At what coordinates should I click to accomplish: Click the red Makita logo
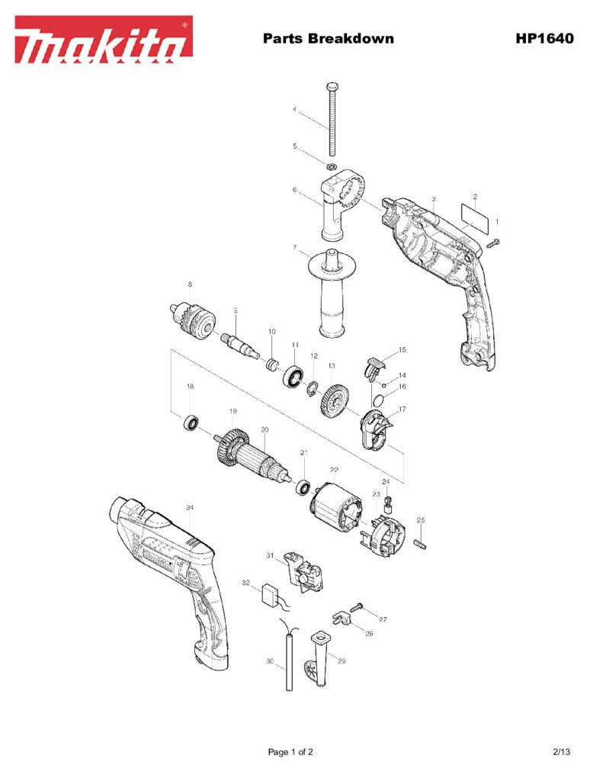103,40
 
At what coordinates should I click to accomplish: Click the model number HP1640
544,38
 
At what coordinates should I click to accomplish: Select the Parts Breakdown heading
328,38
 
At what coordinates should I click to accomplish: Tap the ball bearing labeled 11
293,376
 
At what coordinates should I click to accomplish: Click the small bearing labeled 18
191,421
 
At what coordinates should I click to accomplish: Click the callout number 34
189,507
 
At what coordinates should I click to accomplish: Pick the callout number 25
420,519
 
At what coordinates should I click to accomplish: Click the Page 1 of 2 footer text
290,752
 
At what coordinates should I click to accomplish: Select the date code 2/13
561,752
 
